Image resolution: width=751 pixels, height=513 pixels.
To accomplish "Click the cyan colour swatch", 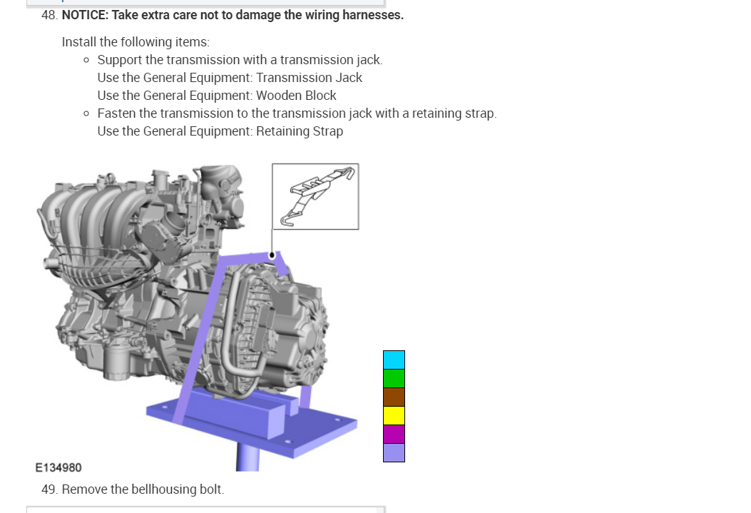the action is coord(394,360).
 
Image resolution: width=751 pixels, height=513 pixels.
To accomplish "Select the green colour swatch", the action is coord(394,378).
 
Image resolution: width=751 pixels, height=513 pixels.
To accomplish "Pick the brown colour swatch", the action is coord(394,397).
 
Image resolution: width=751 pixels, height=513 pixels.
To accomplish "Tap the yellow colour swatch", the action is coord(394,416).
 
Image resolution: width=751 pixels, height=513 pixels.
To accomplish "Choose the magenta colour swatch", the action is coord(394,435).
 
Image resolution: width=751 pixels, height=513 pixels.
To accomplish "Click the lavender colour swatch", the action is coord(394,452).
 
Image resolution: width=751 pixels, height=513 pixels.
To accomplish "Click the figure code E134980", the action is coord(58,467).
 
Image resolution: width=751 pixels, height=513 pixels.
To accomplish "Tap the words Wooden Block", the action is coord(296,96).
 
